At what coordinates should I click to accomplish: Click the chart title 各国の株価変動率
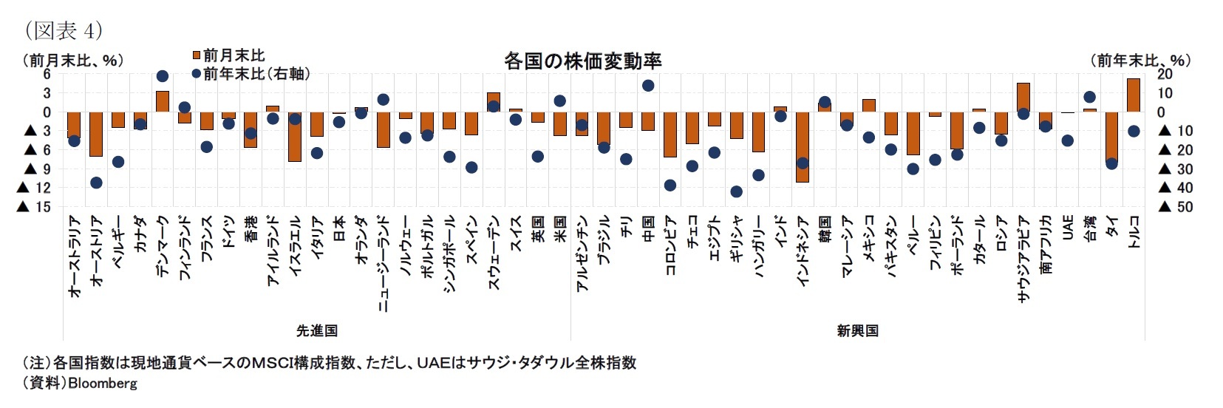tap(582, 61)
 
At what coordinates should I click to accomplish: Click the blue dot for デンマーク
tap(163, 76)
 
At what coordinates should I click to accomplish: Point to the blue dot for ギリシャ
tap(736, 191)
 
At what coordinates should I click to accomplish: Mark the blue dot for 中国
tap(648, 86)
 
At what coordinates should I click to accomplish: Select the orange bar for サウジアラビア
tap(1023, 98)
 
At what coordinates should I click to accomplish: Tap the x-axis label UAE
tap(1068, 228)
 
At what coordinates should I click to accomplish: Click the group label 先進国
tap(317, 330)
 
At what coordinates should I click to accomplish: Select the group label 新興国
tap(857, 330)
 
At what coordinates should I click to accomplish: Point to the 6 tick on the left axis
tap(46, 74)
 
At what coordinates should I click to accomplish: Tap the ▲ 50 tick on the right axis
tap(1176, 207)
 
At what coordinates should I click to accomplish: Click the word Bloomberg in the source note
tap(103, 384)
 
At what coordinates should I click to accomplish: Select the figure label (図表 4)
tap(63, 30)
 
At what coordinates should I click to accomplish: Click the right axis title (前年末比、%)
tap(1140, 61)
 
